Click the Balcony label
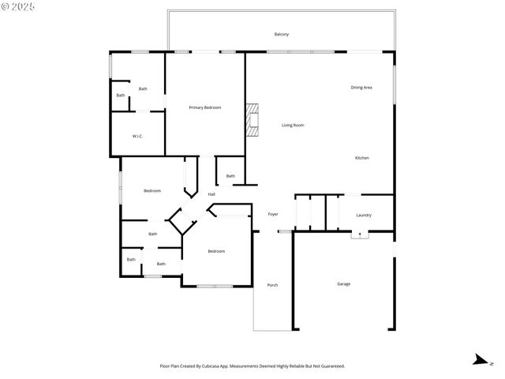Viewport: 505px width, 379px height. pyautogui.click(x=281, y=34)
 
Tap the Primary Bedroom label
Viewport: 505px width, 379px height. pyautogui.click(x=204, y=107)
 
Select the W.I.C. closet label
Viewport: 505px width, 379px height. pyautogui.click(x=137, y=137)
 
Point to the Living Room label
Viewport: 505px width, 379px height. pyautogui.click(x=293, y=126)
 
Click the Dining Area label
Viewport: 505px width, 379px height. pyautogui.click(x=361, y=87)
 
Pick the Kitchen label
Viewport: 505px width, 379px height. pyautogui.click(x=361, y=158)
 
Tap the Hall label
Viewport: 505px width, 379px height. pyautogui.click(x=211, y=194)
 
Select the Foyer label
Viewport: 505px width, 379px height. pyautogui.click(x=273, y=214)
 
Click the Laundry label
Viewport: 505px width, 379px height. pyautogui.click(x=364, y=215)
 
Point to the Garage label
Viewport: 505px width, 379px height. pyautogui.click(x=343, y=283)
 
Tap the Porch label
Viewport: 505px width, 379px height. pyautogui.click(x=272, y=285)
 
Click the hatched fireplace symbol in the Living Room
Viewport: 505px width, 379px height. pyautogui.click(x=251, y=121)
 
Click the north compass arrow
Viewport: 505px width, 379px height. pyautogui.click(x=479, y=361)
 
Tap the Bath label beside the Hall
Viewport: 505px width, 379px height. pyautogui.click(x=230, y=176)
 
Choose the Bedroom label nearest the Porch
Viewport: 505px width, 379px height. pyautogui.click(x=216, y=251)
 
